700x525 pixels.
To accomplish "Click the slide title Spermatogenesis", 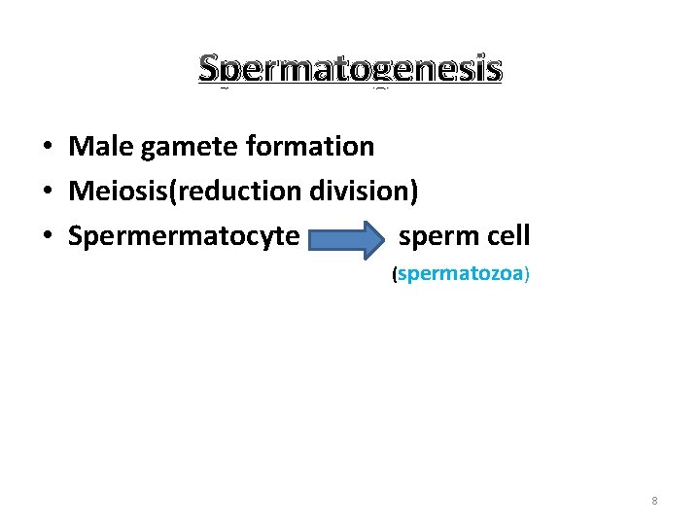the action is (350, 69).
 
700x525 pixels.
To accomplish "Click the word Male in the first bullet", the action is (101, 147).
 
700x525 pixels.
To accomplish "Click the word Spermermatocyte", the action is (184, 235).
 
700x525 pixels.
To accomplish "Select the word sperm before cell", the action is (435, 235).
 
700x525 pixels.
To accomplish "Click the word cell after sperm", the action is (505, 235).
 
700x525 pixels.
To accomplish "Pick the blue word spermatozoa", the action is (461, 274).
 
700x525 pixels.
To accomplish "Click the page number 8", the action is (654, 501).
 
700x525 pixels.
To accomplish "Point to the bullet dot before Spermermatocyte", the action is (47, 236).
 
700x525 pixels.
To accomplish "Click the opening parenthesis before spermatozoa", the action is (394, 275).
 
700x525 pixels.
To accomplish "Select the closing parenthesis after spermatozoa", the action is (527, 275).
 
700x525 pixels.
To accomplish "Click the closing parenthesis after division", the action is (414, 192).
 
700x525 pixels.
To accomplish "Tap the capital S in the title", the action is (210, 69).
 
